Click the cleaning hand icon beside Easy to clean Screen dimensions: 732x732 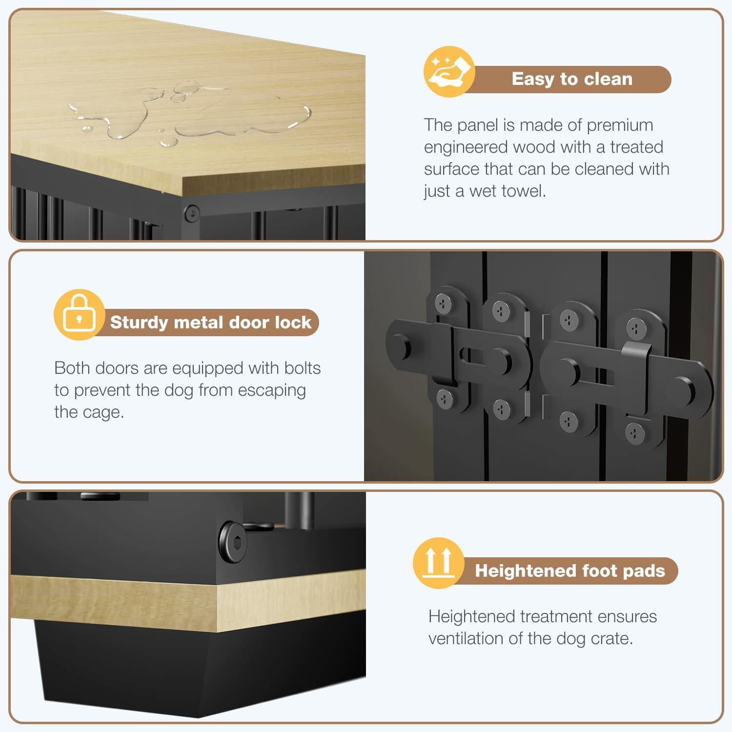coord(448,72)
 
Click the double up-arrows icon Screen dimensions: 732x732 coord(438,563)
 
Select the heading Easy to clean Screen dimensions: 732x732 coord(571,79)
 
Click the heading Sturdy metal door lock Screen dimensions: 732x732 coord(210,323)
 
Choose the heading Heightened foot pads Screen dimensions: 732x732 coord(569,570)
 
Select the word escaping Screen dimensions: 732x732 coord(272,390)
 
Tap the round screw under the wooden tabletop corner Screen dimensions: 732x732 coord(191,213)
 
